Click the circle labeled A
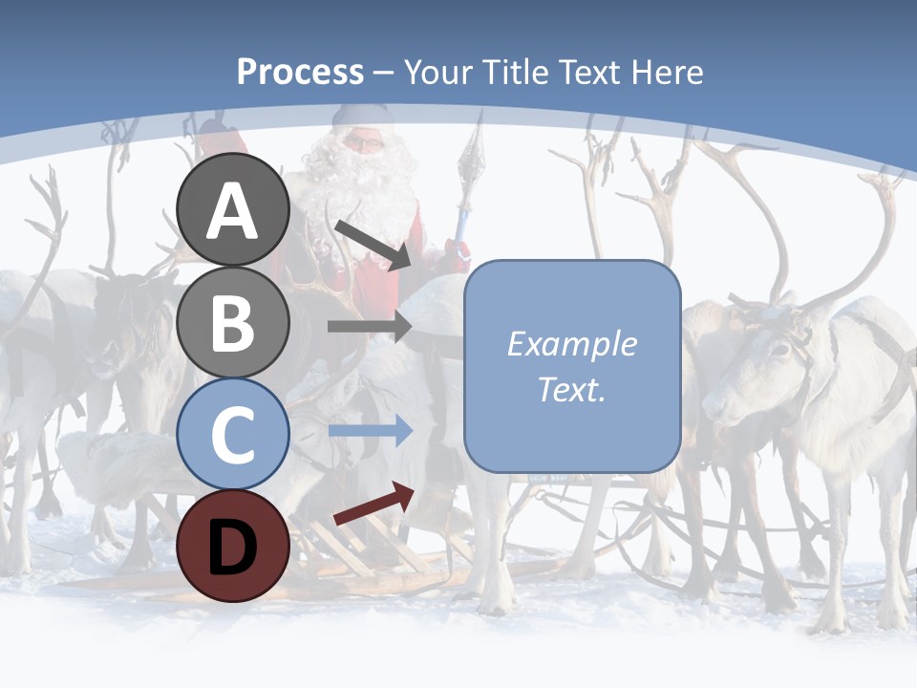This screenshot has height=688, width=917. pyautogui.click(x=232, y=209)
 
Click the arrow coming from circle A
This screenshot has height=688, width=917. pyautogui.click(x=372, y=245)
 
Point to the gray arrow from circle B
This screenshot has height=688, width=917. pyautogui.click(x=369, y=326)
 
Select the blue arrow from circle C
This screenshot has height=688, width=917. pyautogui.click(x=369, y=432)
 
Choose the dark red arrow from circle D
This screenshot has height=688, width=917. pyautogui.click(x=373, y=504)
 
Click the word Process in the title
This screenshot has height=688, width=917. pyautogui.click(x=300, y=73)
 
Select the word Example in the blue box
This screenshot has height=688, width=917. pyautogui.click(x=571, y=344)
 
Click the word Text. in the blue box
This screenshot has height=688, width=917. pyautogui.click(x=571, y=389)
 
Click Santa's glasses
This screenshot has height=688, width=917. pyautogui.click(x=362, y=143)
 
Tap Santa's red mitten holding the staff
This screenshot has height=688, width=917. pyautogui.click(x=459, y=252)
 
